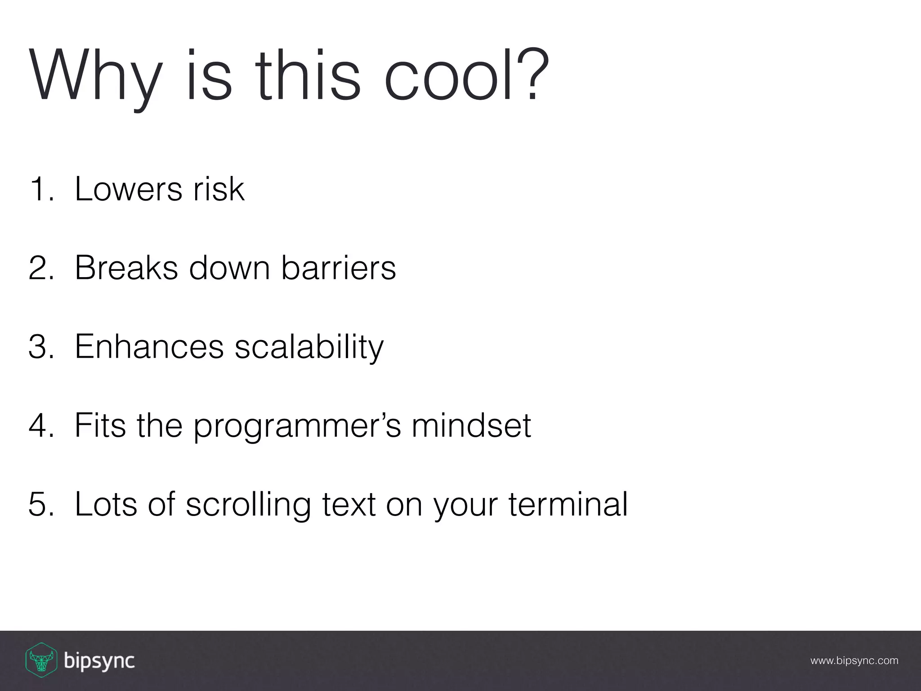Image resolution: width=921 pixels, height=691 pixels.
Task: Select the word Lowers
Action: pyautogui.click(x=129, y=189)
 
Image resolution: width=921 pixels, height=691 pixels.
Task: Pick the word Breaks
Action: pyautogui.click(x=126, y=268)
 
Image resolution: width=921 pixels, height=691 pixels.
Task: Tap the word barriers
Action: pyautogui.click(x=339, y=268)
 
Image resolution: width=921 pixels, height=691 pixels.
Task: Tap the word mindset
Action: pyautogui.click(x=471, y=426)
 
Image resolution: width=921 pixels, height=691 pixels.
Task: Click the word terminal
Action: pyautogui.click(x=568, y=504)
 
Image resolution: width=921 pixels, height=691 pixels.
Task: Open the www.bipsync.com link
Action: pyautogui.click(x=854, y=661)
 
